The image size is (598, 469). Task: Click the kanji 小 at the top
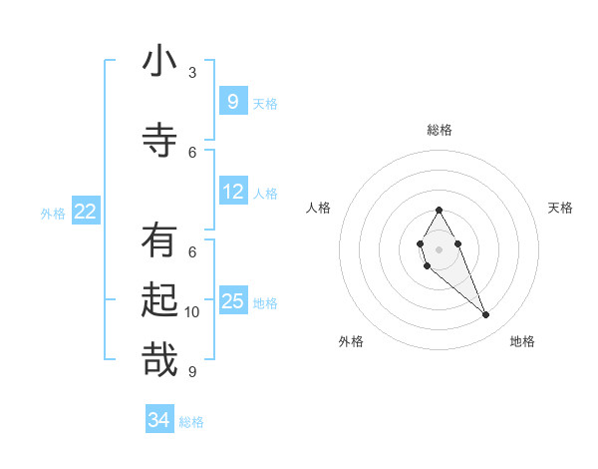tap(159, 62)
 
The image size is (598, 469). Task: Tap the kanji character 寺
tap(159, 139)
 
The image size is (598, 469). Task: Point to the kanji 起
tap(159, 299)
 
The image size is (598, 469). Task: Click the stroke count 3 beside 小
tap(192, 73)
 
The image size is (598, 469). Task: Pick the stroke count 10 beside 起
tap(192, 312)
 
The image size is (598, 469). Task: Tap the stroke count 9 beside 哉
tap(192, 372)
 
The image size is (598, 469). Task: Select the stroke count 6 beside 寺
tap(192, 152)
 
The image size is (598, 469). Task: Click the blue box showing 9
tap(232, 102)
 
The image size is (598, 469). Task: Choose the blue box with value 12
tap(233, 192)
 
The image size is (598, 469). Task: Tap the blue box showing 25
tap(233, 301)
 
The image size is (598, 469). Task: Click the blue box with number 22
tap(86, 212)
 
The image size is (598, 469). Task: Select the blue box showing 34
tap(159, 420)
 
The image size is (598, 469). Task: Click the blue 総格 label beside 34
tap(191, 422)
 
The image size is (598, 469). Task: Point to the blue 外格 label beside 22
tap(53, 213)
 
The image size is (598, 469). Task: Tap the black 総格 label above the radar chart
tap(440, 130)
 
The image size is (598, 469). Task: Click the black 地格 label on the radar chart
tap(522, 342)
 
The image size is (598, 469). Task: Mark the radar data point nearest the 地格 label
tap(486, 315)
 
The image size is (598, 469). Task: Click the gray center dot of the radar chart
tap(439, 247)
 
